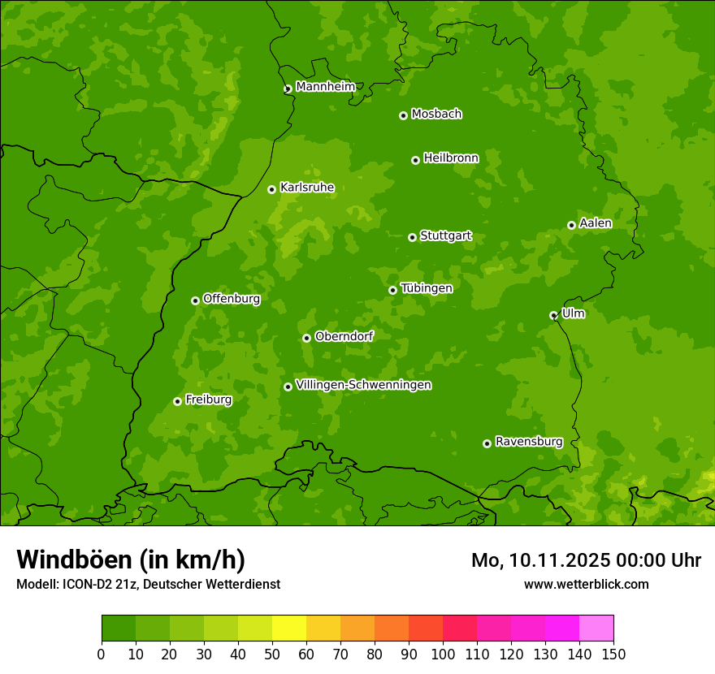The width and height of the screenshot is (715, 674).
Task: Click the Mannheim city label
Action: [x=325, y=87]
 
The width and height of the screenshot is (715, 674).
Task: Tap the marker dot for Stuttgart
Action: [x=412, y=237]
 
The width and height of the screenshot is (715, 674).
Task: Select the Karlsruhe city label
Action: [x=306, y=188]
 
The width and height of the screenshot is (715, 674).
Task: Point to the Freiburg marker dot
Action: [x=177, y=401]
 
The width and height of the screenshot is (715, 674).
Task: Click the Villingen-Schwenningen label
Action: [x=363, y=385]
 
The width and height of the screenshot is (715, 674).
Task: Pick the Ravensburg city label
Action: [x=528, y=442]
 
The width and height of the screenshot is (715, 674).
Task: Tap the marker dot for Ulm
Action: [x=553, y=315]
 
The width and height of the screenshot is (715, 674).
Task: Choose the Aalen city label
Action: [x=595, y=223]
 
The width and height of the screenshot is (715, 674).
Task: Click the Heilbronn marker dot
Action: [x=415, y=160]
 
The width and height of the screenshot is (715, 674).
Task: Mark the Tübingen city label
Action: [x=426, y=288]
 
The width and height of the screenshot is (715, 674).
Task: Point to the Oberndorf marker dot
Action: [x=306, y=338]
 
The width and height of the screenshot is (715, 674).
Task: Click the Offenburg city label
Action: [x=231, y=299]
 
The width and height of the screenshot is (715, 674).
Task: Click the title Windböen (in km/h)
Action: [x=130, y=560]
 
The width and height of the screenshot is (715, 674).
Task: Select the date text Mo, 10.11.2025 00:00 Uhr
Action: [x=586, y=560]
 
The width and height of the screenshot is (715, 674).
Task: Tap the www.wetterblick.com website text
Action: [x=586, y=584]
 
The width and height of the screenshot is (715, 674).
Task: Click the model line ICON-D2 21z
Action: [x=148, y=584]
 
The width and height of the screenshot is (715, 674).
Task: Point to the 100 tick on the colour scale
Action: [x=443, y=654]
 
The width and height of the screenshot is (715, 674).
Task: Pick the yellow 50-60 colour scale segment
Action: [x=289, y=629]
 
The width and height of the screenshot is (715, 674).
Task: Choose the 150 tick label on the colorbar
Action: [x=613, y=654]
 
